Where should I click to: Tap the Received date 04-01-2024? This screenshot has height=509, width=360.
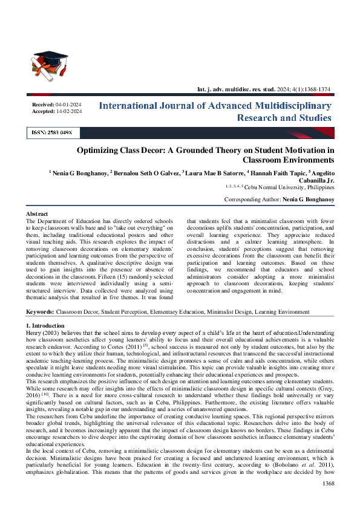[x=68, y=105]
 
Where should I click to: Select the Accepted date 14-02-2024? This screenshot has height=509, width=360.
[x=68, y=111]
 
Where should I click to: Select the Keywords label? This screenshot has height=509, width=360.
[x=40, y=312]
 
